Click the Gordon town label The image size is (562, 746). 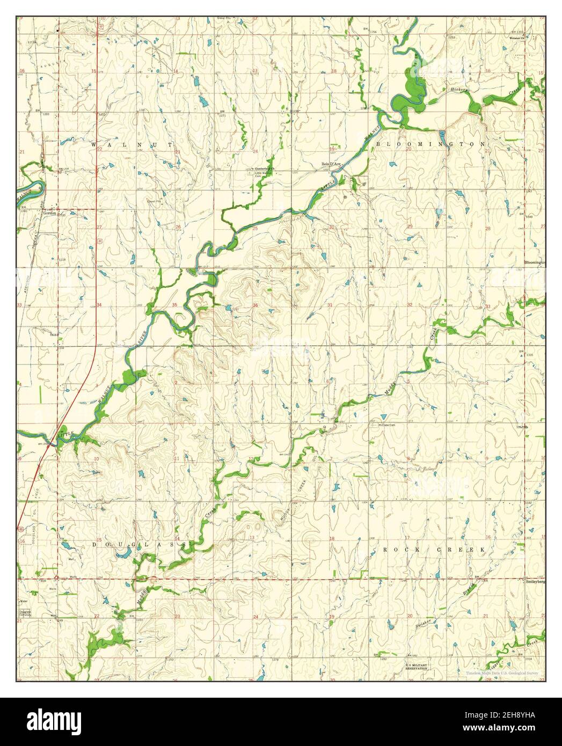50,212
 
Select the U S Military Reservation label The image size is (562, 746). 417,667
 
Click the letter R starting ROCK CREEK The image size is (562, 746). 385,550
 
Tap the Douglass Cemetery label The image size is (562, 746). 25,613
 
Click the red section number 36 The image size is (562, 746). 256,306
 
